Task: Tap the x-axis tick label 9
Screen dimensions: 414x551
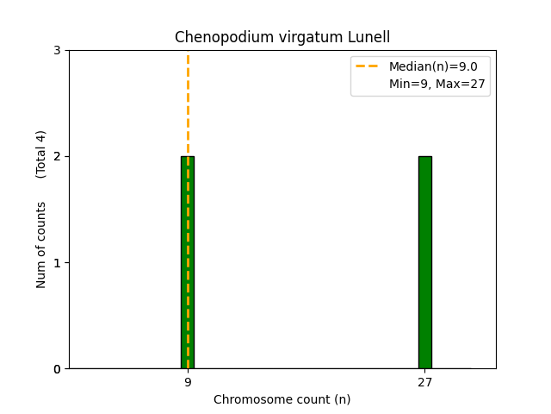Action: coord(188,381)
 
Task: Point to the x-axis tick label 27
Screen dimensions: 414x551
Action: coord(424,381)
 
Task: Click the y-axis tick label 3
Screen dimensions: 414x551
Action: coord(57,50)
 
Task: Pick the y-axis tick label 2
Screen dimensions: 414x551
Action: coord(57,156)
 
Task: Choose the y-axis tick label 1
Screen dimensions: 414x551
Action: coord(57,262)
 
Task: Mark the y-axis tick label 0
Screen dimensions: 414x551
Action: coord(57,369)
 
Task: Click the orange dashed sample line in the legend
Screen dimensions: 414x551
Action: coord(369,66)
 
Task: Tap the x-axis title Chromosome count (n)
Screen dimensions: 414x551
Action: coord(282,399)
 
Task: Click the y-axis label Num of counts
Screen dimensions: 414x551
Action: coord(41,245)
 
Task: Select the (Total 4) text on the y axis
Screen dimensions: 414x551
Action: coord(41,154)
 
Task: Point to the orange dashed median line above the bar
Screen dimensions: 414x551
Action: coord(188,103)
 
